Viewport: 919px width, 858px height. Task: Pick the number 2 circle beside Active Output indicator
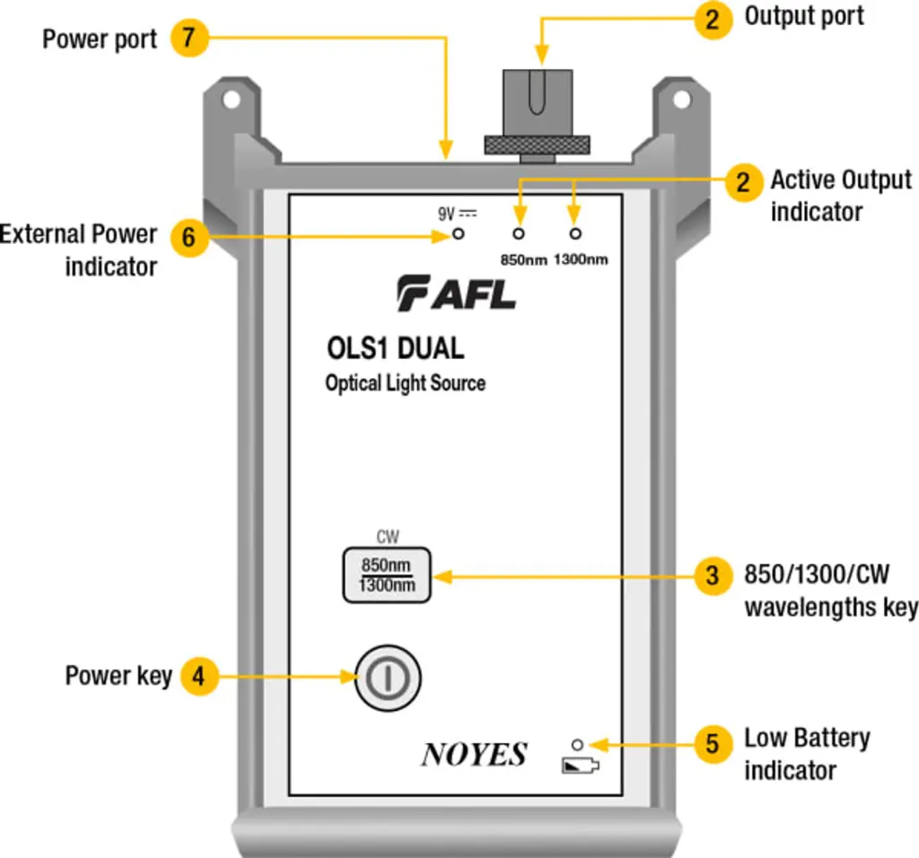point(741,182)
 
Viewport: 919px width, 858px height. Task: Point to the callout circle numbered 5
point(713,744)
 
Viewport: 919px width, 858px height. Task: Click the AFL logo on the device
point(457,293)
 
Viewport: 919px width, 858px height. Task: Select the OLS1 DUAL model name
point(396,347)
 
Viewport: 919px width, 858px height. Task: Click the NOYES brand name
point(474,755)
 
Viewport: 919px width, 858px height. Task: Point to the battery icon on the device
point(579,766)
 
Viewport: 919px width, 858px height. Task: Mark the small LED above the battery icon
point(578,744)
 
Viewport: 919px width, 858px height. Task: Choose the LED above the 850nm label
point(517,234)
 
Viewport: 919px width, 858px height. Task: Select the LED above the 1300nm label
point(575,234)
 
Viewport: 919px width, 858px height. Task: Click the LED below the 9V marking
point(458,234)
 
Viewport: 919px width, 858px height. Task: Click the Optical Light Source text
point(405,383)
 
